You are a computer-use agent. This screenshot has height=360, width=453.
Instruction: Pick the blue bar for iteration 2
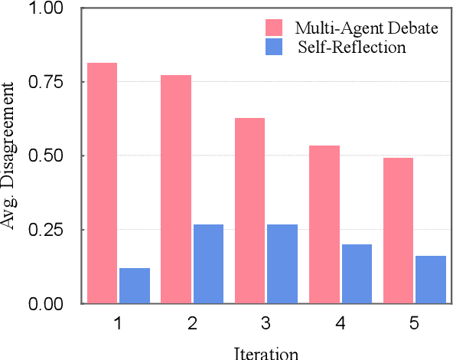click(208, 263)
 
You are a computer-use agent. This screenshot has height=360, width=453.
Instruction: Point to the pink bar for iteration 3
click(249, 210)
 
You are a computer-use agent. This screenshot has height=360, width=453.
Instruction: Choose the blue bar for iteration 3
click(282, 263)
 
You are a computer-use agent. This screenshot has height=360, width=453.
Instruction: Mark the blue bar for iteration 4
click(357, 273)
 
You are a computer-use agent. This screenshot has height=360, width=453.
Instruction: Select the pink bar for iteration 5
click(398, 230)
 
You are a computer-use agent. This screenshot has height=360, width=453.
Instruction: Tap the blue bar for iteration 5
click(431, 279)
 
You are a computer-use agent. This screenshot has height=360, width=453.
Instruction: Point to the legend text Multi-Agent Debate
click(367, 28)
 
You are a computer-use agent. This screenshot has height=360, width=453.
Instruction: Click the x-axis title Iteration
click(266, 352)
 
